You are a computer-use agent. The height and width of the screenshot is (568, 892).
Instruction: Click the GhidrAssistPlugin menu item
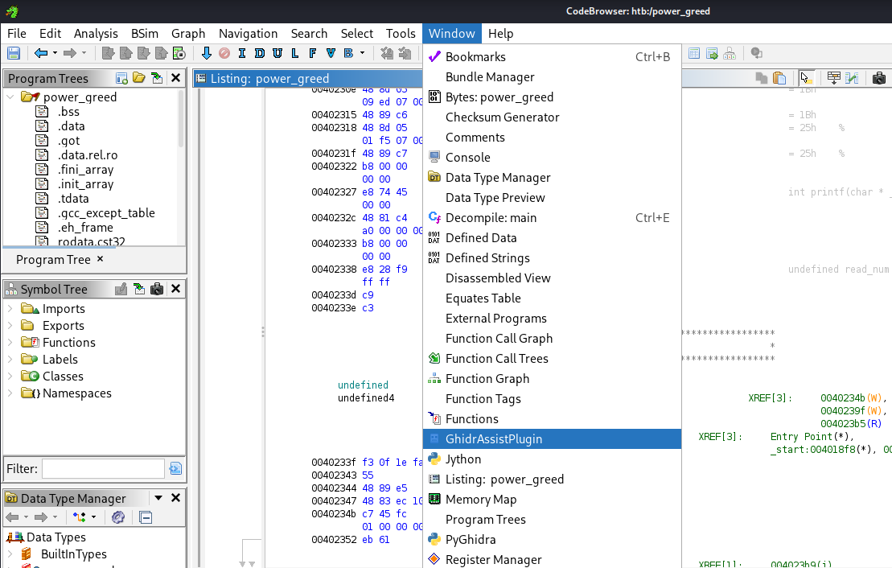pos(494,439)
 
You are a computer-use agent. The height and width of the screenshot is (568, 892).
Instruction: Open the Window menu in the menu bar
pos(451,34)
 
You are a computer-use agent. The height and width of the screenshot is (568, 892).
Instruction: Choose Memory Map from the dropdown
pos(481,500)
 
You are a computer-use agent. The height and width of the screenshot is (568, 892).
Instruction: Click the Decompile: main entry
pos(491,218)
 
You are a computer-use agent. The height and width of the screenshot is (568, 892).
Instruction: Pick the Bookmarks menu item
pos(475,57)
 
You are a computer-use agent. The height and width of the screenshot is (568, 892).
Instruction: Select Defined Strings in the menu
pos(487,258)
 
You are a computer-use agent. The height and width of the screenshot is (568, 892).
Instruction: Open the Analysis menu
pos(96,34)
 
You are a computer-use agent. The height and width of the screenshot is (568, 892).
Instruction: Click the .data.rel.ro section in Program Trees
pos(88,155)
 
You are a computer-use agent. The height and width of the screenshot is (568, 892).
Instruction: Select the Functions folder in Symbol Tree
pos(68,343)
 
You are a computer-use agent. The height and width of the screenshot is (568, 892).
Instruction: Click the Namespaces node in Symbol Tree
pos(76,393)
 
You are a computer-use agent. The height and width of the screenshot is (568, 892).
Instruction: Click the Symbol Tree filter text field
pos(103,468)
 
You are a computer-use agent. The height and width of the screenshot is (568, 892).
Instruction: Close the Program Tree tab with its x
pos(101,259)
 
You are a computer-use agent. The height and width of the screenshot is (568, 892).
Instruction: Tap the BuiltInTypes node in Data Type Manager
pos(73,554)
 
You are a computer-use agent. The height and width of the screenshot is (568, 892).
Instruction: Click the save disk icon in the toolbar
pos(14,54)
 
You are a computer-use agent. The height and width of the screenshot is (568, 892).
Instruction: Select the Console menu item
pos(467,158)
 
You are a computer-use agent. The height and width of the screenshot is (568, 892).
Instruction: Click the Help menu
pos(500,34)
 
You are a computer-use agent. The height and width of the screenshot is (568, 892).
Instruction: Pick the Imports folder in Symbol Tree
pos(64,309)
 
